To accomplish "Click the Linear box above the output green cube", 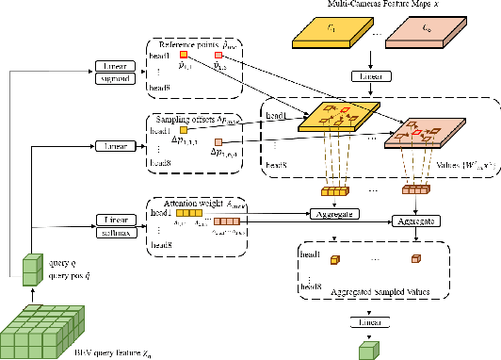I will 368,322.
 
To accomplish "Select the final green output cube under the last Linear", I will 368,349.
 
